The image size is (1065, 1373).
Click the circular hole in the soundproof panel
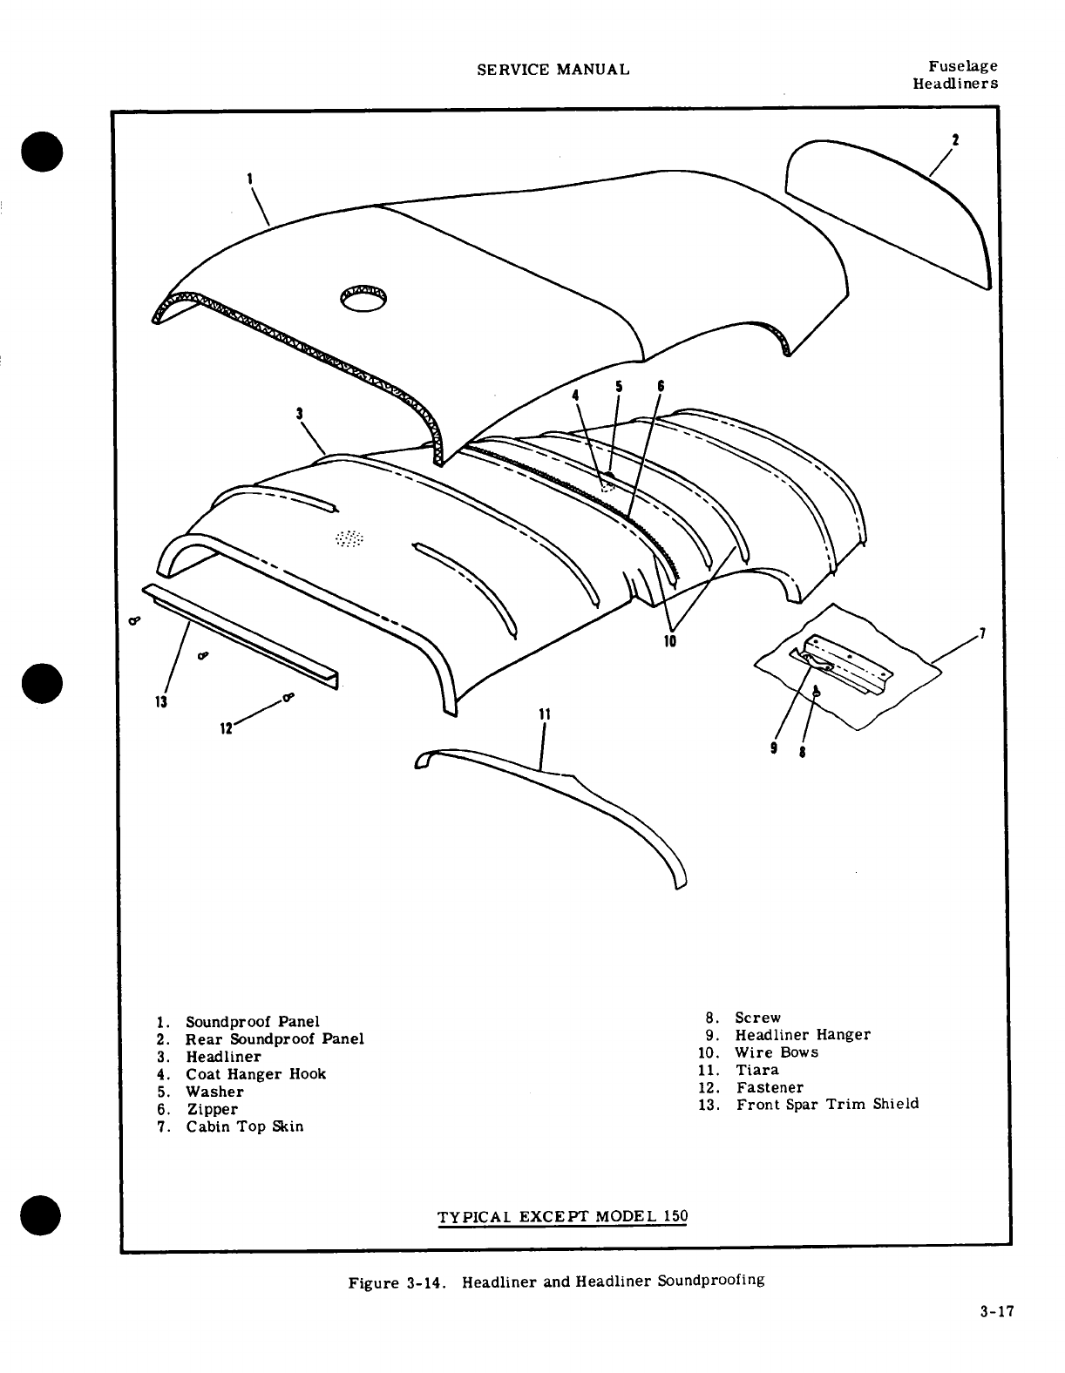[364, 298]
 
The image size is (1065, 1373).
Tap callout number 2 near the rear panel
[956, 139]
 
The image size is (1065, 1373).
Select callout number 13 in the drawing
[162, 702]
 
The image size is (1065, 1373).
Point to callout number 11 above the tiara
[544, 714]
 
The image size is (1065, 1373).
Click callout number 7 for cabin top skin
[982, 632]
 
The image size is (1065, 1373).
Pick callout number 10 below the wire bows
[670, 640]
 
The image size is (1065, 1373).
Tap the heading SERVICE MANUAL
[553, 70]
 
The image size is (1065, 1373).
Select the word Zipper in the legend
[212, 1109]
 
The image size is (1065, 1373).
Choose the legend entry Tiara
[757, 1070]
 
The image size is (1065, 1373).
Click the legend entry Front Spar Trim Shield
[827, 1105]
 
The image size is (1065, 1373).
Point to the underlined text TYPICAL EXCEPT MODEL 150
[562, 1216]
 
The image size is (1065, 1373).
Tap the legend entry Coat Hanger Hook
[255, 1074]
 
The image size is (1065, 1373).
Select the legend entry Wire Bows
[777, 1052]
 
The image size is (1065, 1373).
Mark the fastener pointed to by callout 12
[288, 696]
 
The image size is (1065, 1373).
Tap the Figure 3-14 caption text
[556, 1282]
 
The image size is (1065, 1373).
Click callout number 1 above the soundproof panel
[250, 178]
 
